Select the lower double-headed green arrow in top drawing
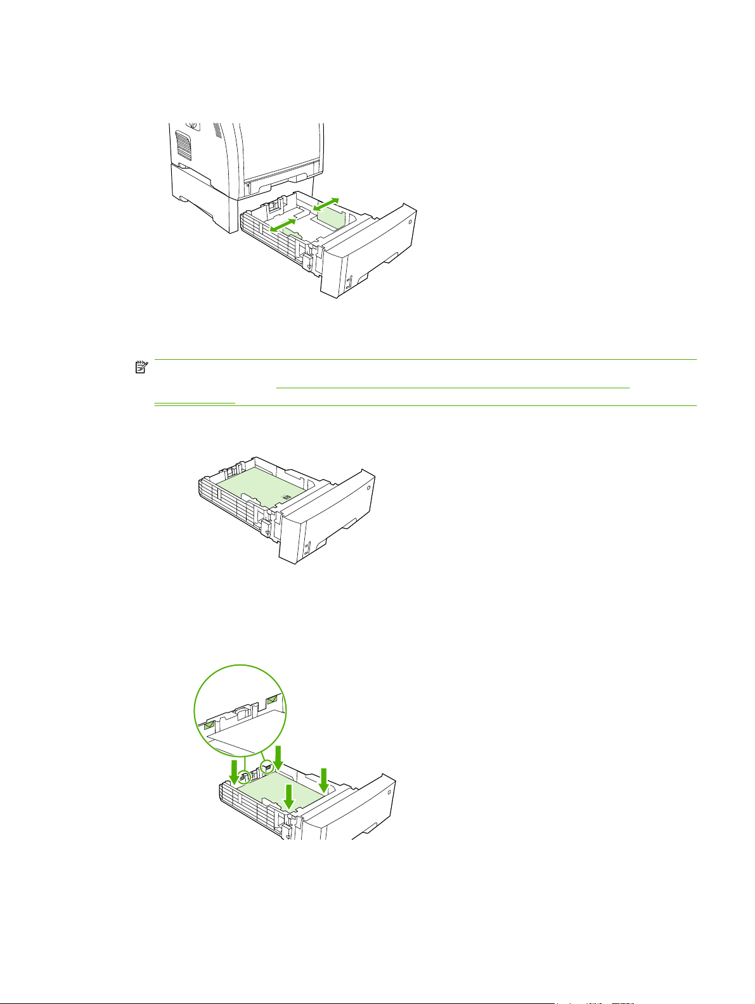click(283, 225)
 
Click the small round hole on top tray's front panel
click(410, 222)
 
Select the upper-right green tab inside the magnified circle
click(273, 700)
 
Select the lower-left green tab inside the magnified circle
click(209, 723)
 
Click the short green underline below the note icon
click(195, 402)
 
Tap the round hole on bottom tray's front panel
click(389, 788)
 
